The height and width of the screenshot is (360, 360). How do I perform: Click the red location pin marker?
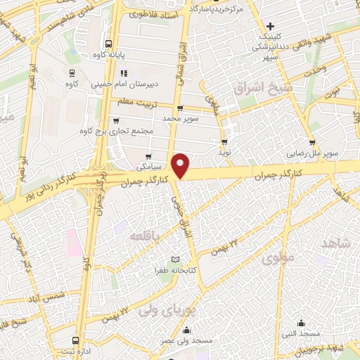click(181, 165)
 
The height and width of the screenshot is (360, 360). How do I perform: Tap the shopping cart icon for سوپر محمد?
click(180, 108)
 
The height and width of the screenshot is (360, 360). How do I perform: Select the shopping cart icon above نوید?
click(225, 139)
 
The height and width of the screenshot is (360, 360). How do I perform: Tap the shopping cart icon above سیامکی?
click(148, 157)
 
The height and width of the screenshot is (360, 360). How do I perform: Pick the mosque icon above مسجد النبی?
click(301, 323)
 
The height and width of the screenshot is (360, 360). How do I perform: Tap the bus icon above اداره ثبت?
click(76, 341)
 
